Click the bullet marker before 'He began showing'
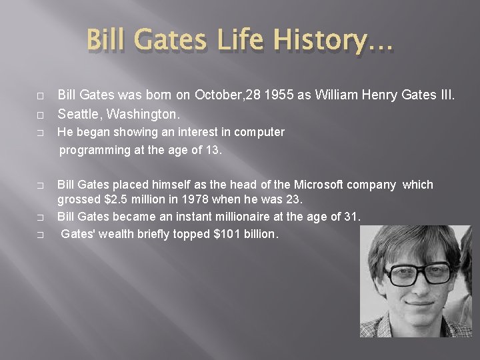point(41,133)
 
